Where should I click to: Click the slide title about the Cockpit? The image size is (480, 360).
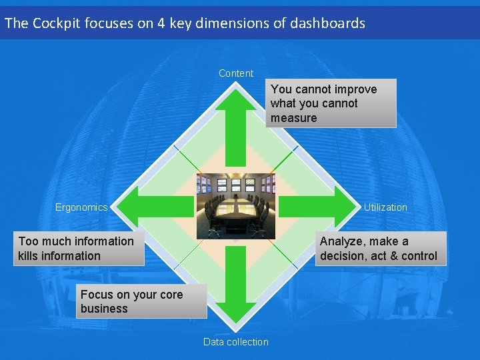tap(185, 23)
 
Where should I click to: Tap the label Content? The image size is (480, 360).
tap(236, 73)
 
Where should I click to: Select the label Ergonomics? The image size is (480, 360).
tap(81, 207)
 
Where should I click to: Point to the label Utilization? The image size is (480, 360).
tap(385, 207)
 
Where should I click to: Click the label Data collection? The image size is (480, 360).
tap(236, 342)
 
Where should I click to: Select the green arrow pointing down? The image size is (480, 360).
tap(235, 287)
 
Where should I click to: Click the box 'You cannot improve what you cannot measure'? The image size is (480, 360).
tap(333, 103)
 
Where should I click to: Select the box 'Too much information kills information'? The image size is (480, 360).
tap(79, 249)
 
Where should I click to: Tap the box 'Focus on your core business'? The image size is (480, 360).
tap(141, 301)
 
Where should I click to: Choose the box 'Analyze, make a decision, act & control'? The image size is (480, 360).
tap(381, 249)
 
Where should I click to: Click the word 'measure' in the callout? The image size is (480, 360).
tap(294, 118)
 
